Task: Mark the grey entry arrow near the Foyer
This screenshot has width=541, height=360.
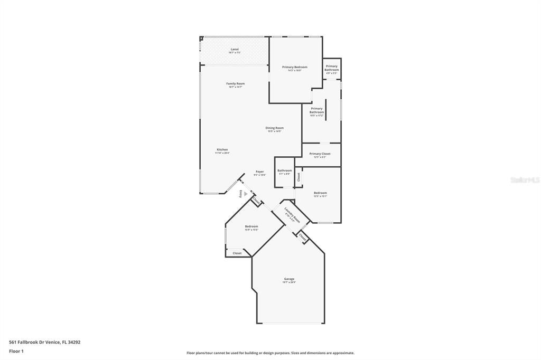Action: (x=245, y=194)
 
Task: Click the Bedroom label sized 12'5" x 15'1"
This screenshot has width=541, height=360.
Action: (x=320, y=194)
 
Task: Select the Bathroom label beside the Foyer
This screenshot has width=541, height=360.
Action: (x=284, y=172)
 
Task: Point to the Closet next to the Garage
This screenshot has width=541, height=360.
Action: (x=303, y=238)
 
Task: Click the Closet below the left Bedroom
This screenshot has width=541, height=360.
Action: (x=237, y=253)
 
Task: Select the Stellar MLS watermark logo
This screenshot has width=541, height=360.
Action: (x=524, y=180)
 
